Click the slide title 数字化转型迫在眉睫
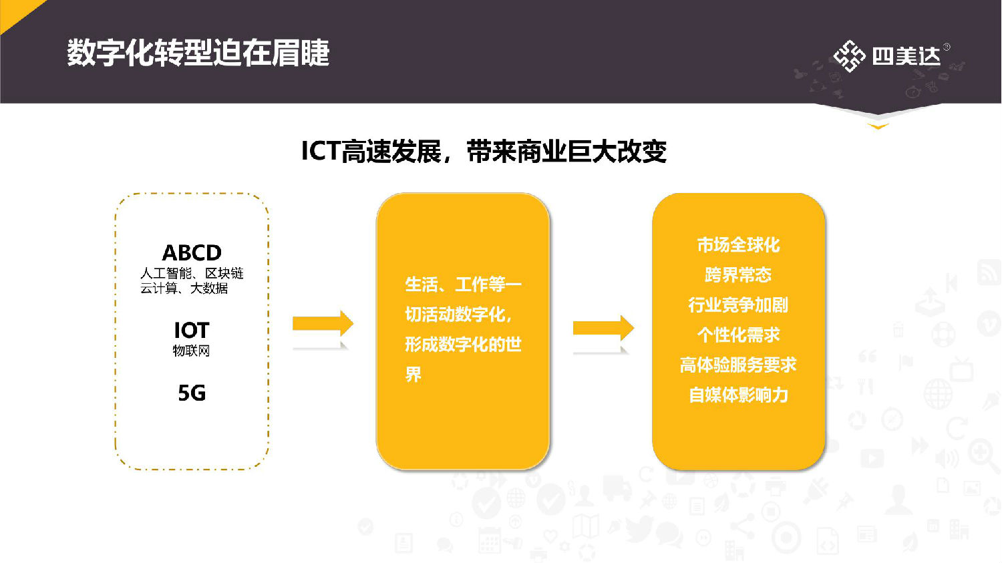tap(198, 53)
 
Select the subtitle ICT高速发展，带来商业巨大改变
tap(484, 151)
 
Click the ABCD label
tap(192, 253)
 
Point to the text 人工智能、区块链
tap(192, 273)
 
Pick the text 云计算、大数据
tap(184, 289)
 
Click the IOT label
tap(192, 331)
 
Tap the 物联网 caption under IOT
tap(191, 351)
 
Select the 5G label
tap(192, 393)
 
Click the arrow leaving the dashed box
tap(323, 323)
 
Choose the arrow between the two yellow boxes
tap(603, 328)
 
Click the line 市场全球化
tap(738, 245)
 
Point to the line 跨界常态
tap(738, 275)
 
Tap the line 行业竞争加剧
tap(738, 305)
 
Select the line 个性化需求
tap(738, 335)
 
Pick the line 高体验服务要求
tap(738, 365)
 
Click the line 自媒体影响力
tap(738, 395)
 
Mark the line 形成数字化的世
tap(464, 345)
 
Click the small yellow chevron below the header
tap(878, 126)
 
